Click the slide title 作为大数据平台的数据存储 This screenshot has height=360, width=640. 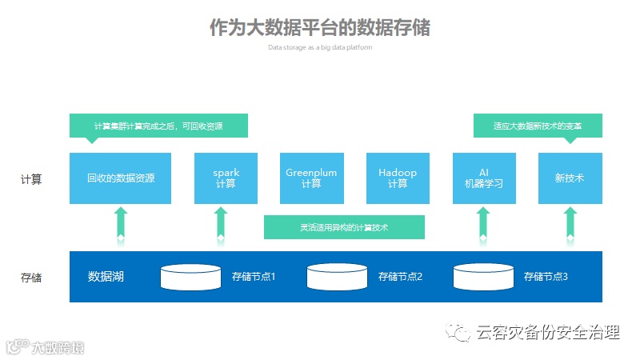(x=320, y=27)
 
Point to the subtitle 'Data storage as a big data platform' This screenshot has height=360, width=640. (x=320, y=47)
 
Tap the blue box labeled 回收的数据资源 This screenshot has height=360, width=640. (x=120, y=178)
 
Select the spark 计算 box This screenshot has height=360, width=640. (x=226, y=178)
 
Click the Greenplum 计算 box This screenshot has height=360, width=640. (x=311, y=178)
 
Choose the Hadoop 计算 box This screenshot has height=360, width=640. (x=398, y=178)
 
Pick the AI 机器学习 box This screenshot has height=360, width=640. (x=483, y=178)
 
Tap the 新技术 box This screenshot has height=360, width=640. (x=570, y=178)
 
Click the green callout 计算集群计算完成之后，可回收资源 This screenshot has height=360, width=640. (x=158, y=126)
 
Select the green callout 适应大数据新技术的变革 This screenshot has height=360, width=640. (x=538, y=126)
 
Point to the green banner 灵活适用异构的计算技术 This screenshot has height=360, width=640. (x=344, y=227)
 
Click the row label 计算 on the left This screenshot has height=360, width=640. (x=31, y=179)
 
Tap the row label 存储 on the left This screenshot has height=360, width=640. (x=31, y=278)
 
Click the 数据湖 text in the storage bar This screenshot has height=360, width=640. (x=106, y=277)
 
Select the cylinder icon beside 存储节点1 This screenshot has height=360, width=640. (x=190, y=277)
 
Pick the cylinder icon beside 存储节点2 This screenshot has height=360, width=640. (x=338, y=277)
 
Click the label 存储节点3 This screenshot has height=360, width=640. (x=546, y=277)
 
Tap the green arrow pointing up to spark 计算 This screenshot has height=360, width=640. (x=222, y=223)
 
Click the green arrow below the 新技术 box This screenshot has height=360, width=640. (x=570, y=223)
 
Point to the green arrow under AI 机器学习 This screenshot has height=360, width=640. (x=483, y=223)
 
